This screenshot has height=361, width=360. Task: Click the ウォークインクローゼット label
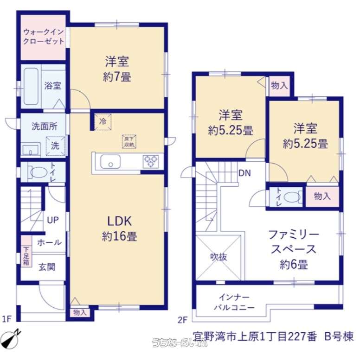pos(44,37)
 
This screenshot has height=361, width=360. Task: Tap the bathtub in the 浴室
pos(31,86)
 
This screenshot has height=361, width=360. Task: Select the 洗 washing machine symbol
pos(55,146)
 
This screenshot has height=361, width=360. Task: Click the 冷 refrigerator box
pos(103,121)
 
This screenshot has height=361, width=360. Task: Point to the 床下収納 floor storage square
pos(129,141)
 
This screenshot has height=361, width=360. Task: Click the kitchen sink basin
pos(110,161)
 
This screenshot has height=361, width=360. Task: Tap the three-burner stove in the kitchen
pos(151,161)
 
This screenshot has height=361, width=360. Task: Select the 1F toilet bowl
pos(38,172)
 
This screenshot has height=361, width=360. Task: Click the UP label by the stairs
pos(53,220)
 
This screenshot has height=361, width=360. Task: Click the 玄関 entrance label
pos(47,267)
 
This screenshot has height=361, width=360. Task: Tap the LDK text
pos(120,221)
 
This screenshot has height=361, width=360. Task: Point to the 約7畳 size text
pos(117,76)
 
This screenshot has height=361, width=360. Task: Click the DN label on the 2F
pos(245,173)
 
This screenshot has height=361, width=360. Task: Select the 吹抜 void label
pos(218,257)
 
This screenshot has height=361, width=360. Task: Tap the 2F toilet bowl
pos(292,197)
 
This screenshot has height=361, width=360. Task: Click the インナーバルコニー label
pos(234,302)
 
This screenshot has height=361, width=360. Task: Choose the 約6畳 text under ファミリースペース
pos(294,264)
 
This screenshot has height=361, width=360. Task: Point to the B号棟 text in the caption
pos(339,336)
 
